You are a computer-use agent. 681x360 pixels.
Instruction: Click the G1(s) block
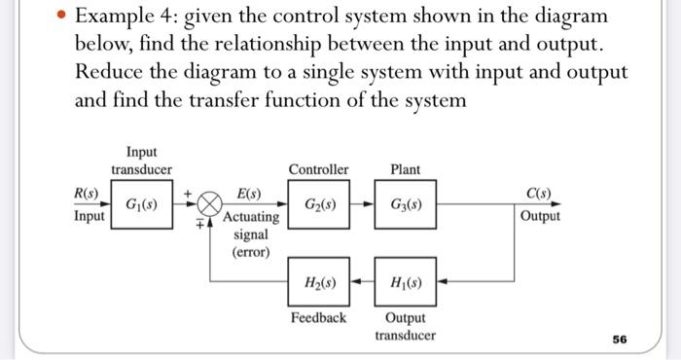click(x=141, y=205)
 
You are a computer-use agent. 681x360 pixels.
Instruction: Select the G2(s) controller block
click(x=320, y=205)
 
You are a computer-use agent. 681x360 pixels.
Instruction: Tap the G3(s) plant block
click(x=406, y=205)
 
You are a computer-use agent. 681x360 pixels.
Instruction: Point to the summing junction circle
click(x=208, y=205)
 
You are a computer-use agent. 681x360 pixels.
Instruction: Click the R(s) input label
click(x=88, y=193)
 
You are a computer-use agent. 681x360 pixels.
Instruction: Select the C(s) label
click(x=538, y=193)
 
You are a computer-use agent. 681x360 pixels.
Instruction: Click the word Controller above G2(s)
click(x=319, y=169)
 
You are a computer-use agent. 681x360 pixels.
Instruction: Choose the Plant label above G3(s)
click(x=405, y=169)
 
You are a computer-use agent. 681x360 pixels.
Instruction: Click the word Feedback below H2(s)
click(x=319, y=318)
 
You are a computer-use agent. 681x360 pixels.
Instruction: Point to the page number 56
click(x=620, y=340)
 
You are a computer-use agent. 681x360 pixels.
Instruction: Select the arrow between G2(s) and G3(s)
click(x=363, y=205)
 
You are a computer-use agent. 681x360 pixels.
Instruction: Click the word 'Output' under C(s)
click(x=540, y=216)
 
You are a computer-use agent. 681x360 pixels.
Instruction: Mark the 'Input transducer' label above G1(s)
click(x=141, y=161)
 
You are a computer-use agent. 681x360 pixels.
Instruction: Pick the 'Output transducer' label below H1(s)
click(x=406, y=327)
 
